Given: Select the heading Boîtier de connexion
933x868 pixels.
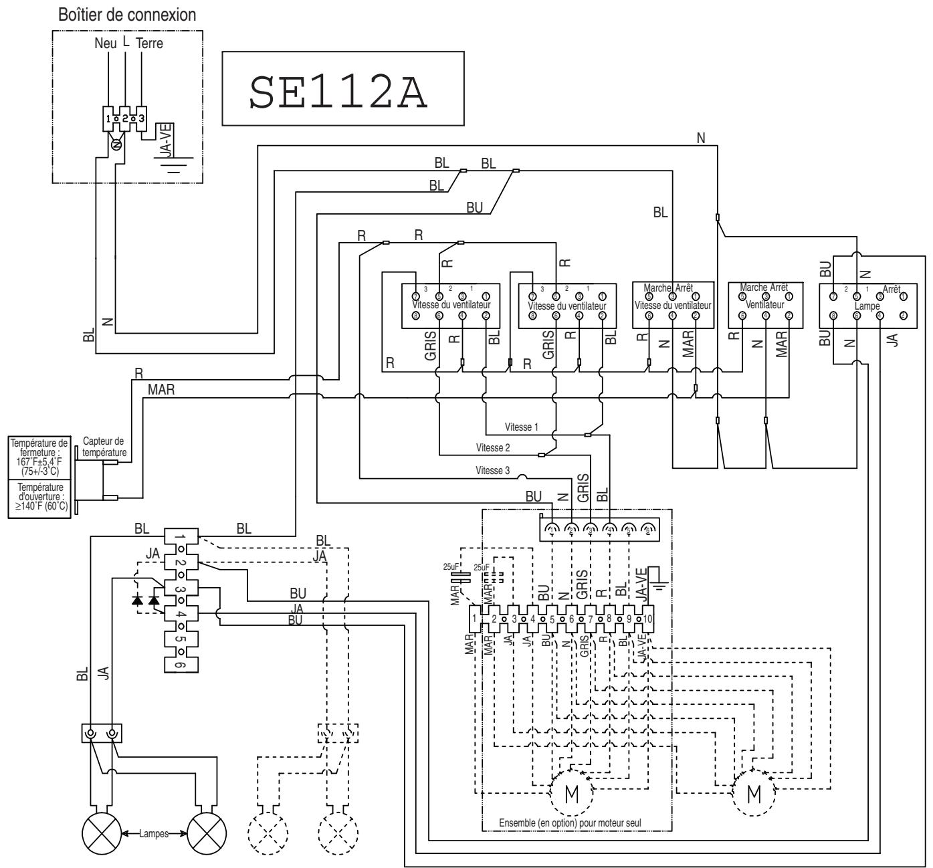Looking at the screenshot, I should [x=127, y=14].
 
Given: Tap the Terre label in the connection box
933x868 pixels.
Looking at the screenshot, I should [x=149, y=43].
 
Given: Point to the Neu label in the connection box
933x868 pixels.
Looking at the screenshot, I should [x=104, y=43].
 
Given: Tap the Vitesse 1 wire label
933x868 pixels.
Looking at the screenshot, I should [x=522, y=427].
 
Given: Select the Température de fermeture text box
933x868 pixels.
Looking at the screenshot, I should [x=39, y=457].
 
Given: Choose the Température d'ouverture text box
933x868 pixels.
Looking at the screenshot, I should [x=39, y=496].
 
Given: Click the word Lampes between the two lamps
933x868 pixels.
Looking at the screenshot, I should [x=154, y=833].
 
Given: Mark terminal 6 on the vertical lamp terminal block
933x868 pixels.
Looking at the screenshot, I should [x=181, y=664].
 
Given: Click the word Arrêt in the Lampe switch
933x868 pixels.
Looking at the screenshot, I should [x=891, y=288].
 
